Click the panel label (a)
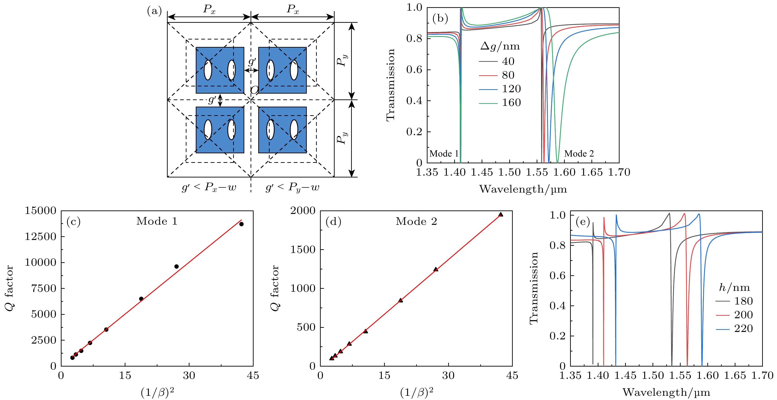pos(154,11)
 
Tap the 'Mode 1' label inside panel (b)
pos(444,154)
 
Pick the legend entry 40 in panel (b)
pos(508,62)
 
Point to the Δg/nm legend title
pos(500,46)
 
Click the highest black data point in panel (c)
pos(241,224)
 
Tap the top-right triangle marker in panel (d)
pos(501,214)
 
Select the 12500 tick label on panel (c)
pos(41,236)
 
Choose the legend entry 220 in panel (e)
pos(743,328)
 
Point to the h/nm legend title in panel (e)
pos(735,288)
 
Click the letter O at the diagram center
pos(254,90)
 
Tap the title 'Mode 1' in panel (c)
pos(157,221)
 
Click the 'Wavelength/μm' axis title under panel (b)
pos(523,189)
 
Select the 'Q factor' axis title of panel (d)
pos(275,288)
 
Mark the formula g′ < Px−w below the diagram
pos(209,187)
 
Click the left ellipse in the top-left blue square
pos(208,70)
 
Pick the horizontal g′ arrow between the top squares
pos(251,70)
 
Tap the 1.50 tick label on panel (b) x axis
pos(509,172)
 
